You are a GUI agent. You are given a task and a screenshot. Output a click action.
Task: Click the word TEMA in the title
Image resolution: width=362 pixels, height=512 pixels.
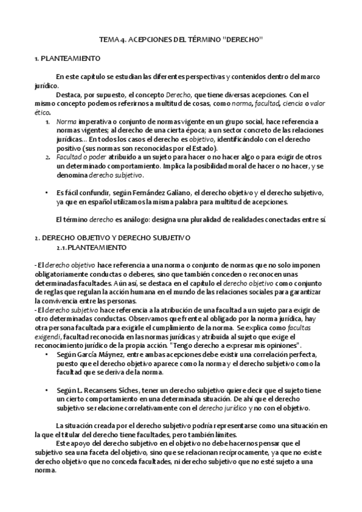[x=108, y=40]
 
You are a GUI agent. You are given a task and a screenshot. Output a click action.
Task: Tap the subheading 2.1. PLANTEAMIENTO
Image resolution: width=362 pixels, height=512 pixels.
[x=91, y=231]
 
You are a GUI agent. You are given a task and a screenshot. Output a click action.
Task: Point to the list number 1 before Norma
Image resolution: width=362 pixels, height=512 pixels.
[x=48, y=121]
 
